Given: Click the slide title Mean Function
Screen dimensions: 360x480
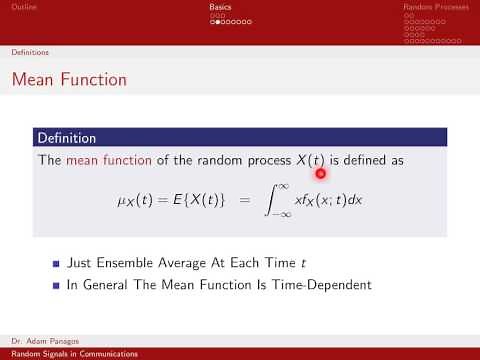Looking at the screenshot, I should (69, 78).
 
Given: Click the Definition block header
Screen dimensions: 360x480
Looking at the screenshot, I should (66, 137).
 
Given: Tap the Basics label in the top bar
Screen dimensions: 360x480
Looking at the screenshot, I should (220, 6).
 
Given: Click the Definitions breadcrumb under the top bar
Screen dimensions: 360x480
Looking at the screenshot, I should (30, 51).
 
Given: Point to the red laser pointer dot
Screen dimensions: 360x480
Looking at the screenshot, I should (321, 173).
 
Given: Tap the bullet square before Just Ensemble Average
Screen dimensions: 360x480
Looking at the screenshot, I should (56, 265).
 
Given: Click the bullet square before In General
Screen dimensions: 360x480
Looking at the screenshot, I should (56, 285).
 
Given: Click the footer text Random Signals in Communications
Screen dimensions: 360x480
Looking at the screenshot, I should (66, 354).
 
